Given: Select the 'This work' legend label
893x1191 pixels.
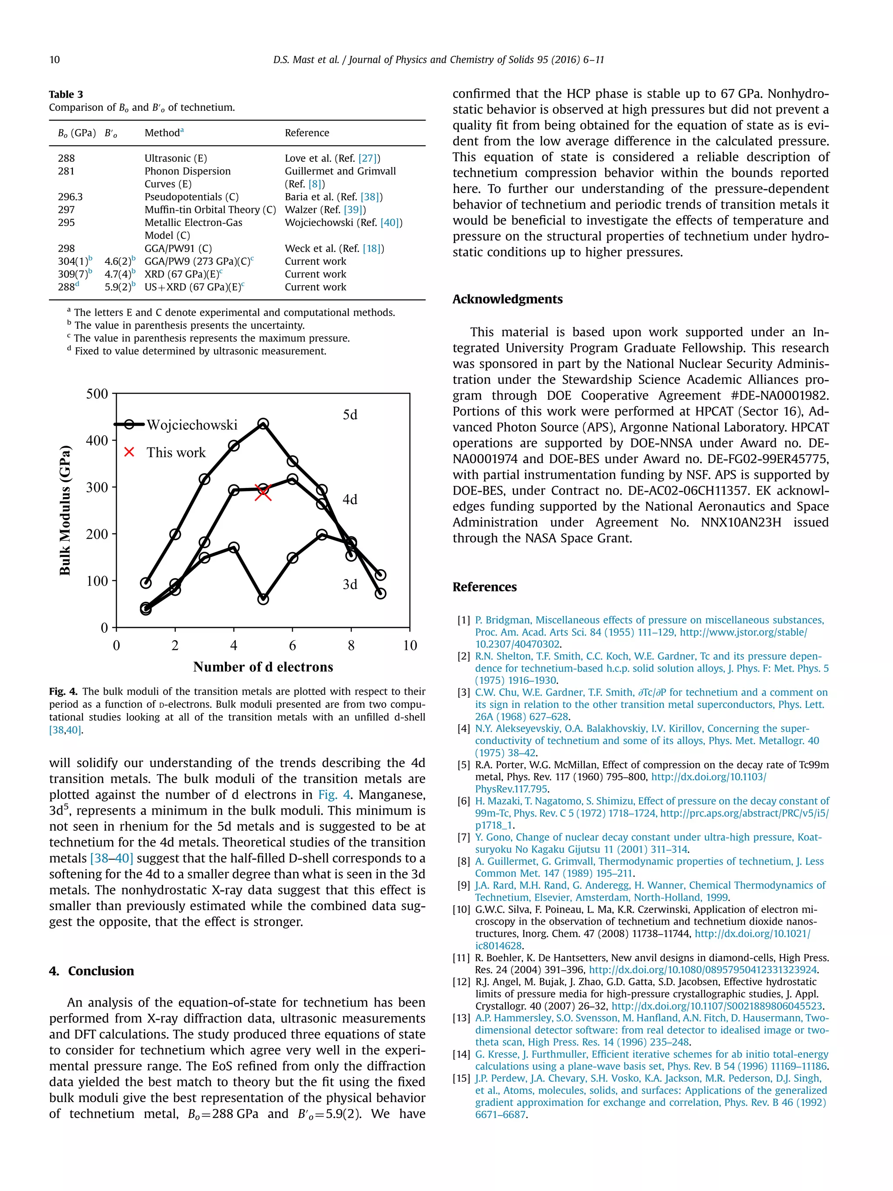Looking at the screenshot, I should [x=176, y=452].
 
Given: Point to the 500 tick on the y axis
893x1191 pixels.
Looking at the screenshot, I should [x=97, y=394].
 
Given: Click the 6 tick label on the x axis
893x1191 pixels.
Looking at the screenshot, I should [x=292, y=645].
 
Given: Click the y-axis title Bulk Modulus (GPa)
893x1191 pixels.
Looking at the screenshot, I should [x=65, y=510].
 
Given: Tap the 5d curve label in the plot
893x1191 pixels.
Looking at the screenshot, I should [x=350, y=415].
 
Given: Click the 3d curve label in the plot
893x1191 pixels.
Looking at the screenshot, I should [x=350, y=584].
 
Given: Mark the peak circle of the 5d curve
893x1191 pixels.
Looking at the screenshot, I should [x=262, y=424].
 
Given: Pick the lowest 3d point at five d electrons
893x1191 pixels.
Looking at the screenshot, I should [x=262, y=599].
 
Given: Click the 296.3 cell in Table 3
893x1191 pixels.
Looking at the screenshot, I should [x=70, y=197].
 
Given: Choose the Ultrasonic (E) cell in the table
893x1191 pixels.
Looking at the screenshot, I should [x=175, y=158].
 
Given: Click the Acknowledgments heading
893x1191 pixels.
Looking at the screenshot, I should [x=507, y=299].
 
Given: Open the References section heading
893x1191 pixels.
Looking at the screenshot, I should [x=484, y=587].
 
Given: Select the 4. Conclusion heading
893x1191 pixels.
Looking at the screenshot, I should [x=92, y=971].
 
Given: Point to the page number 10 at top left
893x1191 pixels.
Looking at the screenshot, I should [x=55, y=60].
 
